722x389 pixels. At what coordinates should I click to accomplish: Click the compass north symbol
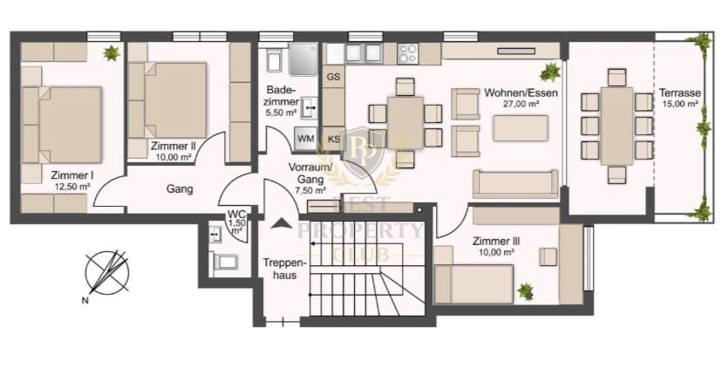[x=107, y=274]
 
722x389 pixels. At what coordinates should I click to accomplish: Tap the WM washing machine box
[x=306, y=139]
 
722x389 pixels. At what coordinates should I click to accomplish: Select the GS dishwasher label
[x=333, y=77]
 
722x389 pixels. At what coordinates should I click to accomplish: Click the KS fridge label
[x=334, y=139]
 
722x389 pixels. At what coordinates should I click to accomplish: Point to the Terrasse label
[x=679, y=92]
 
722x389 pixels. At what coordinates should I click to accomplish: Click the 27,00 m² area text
[x=521, y=104]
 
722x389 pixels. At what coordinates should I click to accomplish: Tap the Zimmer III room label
[x=496, y=242]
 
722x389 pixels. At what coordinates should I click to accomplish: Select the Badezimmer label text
[x=282, y=95]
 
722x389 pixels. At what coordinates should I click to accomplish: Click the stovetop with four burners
[x=407, y=53]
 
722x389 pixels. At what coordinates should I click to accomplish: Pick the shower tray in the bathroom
[x=303, y=59]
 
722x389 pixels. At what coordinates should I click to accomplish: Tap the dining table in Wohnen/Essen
[x=405, y=122]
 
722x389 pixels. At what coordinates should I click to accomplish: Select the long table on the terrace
[x=617, y=126]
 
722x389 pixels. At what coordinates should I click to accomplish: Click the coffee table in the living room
[x=521, y=128]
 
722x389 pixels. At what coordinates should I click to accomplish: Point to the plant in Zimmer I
[x=111, y=53]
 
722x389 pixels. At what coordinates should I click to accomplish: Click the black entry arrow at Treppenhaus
[x=281, y=224]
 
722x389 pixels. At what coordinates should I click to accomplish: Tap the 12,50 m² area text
[x=72, y=187]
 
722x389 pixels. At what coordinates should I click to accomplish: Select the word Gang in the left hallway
[x=180, y=189]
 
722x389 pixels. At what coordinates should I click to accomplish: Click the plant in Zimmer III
[x=525, y=291]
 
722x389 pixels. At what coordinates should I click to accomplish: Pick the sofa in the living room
[x=515, y=184]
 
